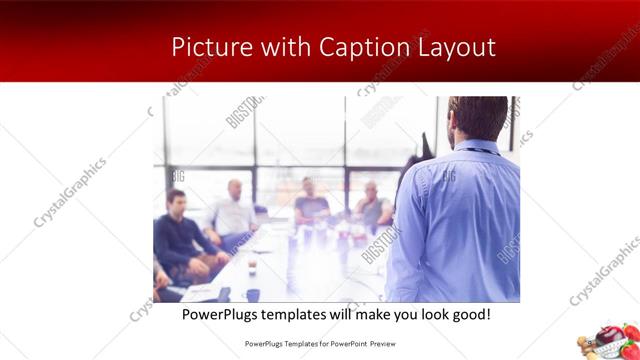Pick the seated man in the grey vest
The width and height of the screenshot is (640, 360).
[x=371, y=205]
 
